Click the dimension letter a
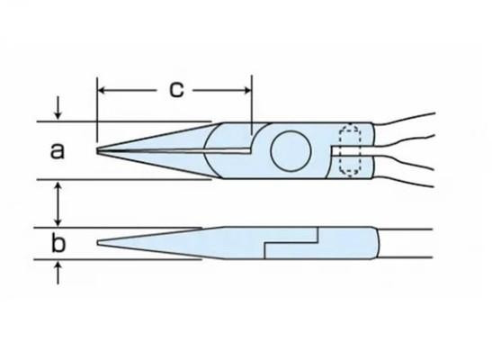click(x=58, y=150)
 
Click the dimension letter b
click(x=58, y=243)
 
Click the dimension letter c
click(x=176, y=89)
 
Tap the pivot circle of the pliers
click(x=291, y=151)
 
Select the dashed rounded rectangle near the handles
click(x=350, y=150)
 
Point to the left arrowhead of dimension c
click(x=102, y=90)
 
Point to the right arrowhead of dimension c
click(x=247, y=90)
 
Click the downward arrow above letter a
click(x=58, y=108)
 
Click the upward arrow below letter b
click(x=58, y=273)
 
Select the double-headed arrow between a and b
click(x=58, y=204)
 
